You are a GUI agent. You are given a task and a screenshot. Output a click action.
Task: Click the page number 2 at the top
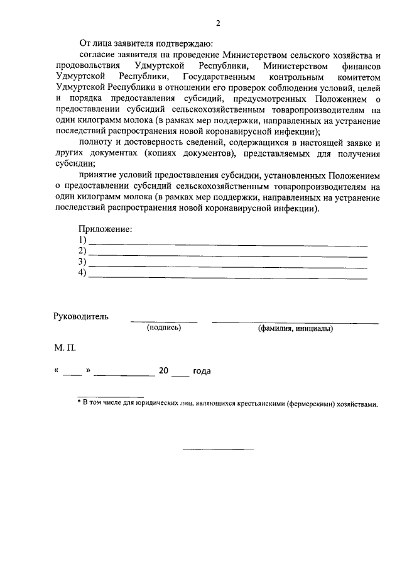218,24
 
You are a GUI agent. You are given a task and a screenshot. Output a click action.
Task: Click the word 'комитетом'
359,77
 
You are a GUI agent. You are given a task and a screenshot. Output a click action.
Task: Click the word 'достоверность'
148,143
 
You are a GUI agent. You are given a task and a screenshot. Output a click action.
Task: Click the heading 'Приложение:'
105,230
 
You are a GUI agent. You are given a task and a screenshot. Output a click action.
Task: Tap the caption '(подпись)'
164,328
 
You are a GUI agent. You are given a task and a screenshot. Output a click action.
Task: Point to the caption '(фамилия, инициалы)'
295,328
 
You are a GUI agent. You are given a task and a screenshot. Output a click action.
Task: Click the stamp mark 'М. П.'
65,347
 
